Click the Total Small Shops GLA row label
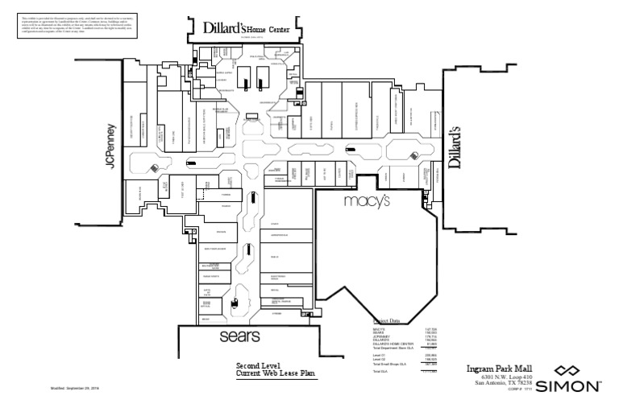pos(389,364)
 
